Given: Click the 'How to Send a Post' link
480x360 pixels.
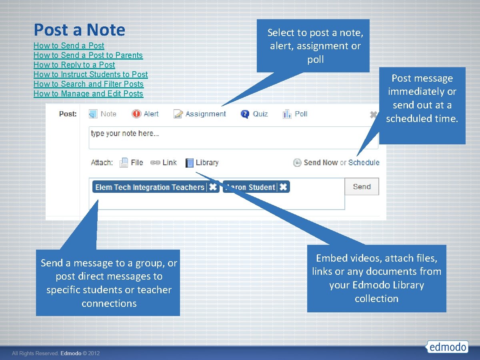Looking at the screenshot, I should click(69, 46).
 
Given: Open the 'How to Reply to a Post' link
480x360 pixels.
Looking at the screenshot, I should click(74, 65).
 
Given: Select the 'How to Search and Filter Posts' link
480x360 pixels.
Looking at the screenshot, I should click(88, 84).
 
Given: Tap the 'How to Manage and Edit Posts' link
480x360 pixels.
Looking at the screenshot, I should click(88, 94).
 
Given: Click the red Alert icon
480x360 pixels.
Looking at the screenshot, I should click(136, 114).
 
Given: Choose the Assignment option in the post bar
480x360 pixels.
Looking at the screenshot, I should click(200, 114).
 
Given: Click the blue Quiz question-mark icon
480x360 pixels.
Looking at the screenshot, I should click(245, 114).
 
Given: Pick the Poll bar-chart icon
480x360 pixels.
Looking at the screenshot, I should click(287, 114).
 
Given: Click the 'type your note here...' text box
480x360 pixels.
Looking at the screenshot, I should click(233, 138).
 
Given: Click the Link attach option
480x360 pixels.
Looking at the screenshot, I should click(164, 162).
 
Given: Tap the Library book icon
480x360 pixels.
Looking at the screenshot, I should click(190, 163).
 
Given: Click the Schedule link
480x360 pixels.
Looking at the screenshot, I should click(364, 162).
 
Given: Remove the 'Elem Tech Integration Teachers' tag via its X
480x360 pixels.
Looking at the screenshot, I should click(213, 187).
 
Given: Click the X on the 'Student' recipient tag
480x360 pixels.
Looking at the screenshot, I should click(283, 187).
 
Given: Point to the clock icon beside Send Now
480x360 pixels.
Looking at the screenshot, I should click(297, 163).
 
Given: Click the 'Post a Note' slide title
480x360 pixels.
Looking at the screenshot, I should click(79, 30).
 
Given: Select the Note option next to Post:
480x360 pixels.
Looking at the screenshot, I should click(103, 114).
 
